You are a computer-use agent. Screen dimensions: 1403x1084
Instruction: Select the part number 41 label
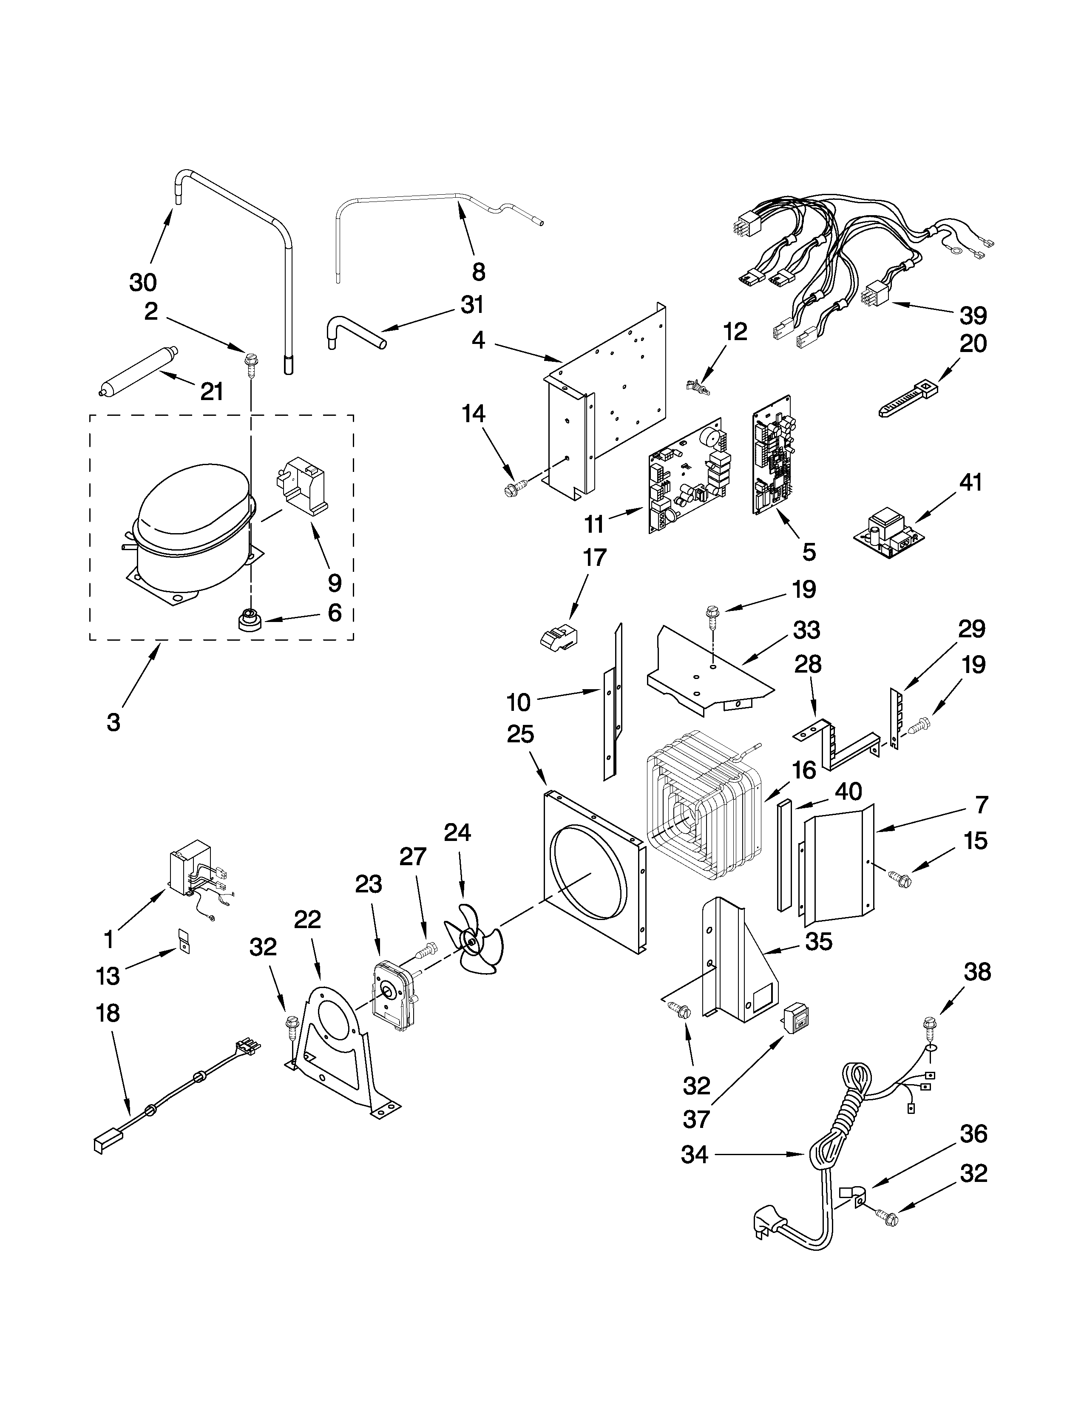pyautogui.click(x=970, y=482)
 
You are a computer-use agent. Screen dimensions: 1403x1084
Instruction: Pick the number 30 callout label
pyautogui.click(x=142, y=281)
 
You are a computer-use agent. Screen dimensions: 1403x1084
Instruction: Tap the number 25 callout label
pyautogui.click(x=520, y=733)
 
